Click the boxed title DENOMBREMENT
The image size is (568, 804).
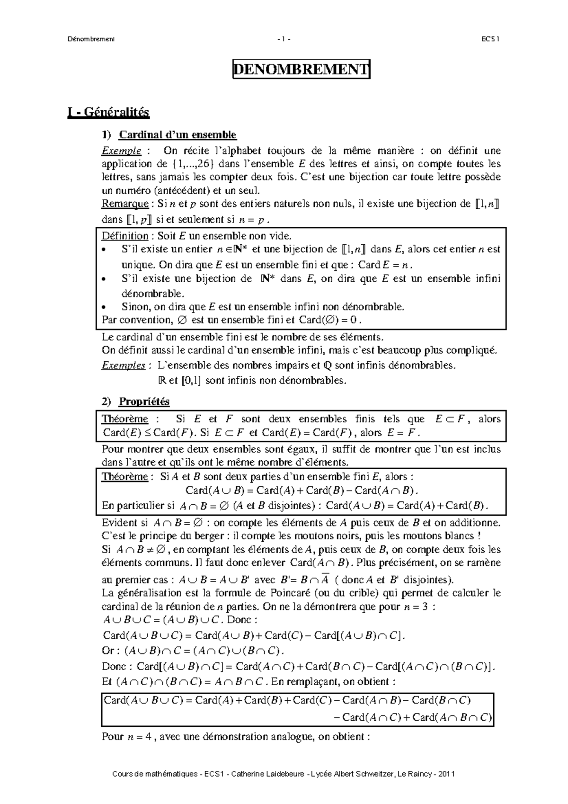pyautogui.click(x=301, y=70)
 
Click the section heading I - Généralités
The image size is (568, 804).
pyautogui.click(x=108, y=112)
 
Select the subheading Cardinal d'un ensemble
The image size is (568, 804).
pyautogui.click(x=177, y=135)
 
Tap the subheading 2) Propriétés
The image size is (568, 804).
pyautogui.click(x=144, y=402)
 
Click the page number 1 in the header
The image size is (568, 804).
pyautogui.click(x=284, y=39)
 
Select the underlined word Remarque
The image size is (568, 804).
pyautogui.click(x=124, y=204)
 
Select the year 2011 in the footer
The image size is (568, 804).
pyautogui.click(x=446, y=774)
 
